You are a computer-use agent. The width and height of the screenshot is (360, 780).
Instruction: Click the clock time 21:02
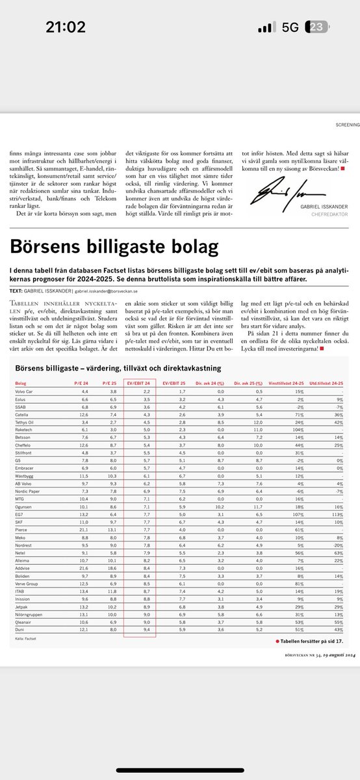pos(65,27)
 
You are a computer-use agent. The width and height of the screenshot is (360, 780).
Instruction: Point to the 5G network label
pos(290,27)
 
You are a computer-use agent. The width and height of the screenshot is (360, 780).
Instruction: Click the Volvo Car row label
pos(27,392)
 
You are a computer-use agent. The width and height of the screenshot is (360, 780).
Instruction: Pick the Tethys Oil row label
pos(27,421)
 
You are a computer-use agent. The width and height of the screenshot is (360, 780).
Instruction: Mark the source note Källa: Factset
pos(23,640)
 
